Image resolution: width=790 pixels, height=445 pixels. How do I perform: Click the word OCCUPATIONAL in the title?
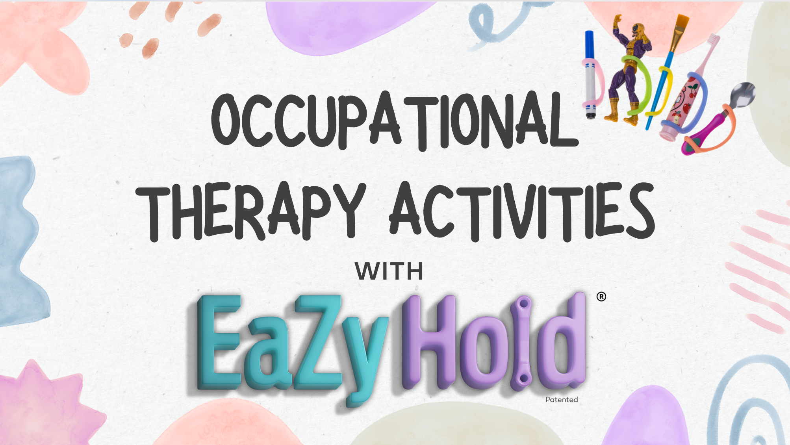click(395, 121)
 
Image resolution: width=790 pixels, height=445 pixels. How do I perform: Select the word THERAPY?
click(251, 211)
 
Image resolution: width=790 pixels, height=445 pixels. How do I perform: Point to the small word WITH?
click(389, 271)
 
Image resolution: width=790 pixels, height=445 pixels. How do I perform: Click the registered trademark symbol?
click(601, 297)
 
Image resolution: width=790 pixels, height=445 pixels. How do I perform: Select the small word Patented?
click(562, 400)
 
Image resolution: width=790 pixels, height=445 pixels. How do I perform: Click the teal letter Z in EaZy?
click(318, 342)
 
